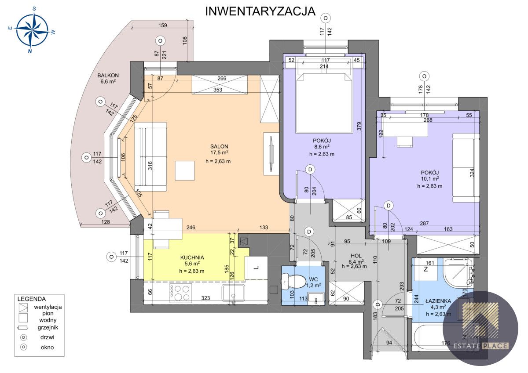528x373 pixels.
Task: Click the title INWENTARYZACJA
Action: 260,11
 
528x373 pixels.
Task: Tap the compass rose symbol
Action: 32,30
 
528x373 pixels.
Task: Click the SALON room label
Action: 219,146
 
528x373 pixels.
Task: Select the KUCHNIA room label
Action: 192,257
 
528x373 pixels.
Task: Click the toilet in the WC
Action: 296,281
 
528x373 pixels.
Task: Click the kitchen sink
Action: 233,293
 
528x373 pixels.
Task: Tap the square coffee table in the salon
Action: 185,170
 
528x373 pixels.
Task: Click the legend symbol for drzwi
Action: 24,337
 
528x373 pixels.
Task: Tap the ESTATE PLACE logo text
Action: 481,346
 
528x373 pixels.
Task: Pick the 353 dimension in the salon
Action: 218,90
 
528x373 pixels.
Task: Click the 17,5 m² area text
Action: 219,153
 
